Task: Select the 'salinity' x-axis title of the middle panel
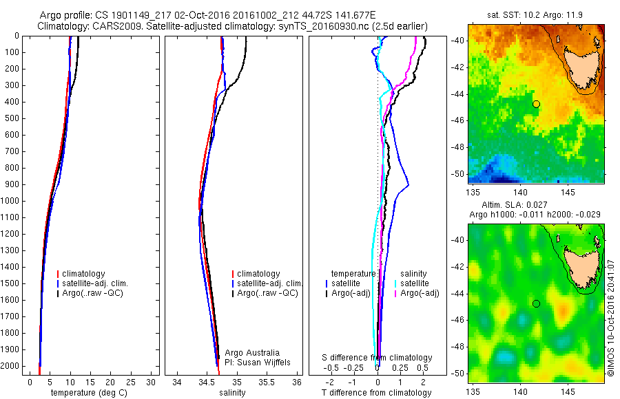point(231,393)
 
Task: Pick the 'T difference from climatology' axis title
point(376,393)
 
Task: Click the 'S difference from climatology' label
point(377,358)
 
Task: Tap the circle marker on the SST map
point(536,104)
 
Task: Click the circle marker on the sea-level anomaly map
point(536,303)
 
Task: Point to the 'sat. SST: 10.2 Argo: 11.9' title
point(536,14)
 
